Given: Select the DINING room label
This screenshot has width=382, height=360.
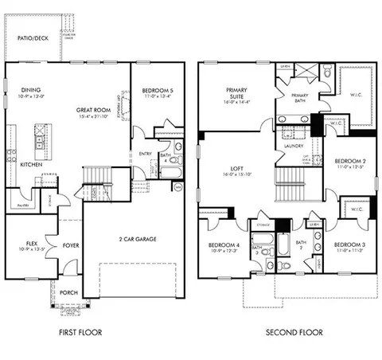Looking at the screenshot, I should [x=32, y=90].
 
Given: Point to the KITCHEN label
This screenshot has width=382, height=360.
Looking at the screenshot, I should [x=31, y=164].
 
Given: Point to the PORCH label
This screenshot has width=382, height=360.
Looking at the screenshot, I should [x=69, y=292].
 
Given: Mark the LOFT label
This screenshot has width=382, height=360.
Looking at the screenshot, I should [x=238, y=168].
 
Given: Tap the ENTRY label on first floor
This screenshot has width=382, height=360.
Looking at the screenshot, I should [x=146, y=154].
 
